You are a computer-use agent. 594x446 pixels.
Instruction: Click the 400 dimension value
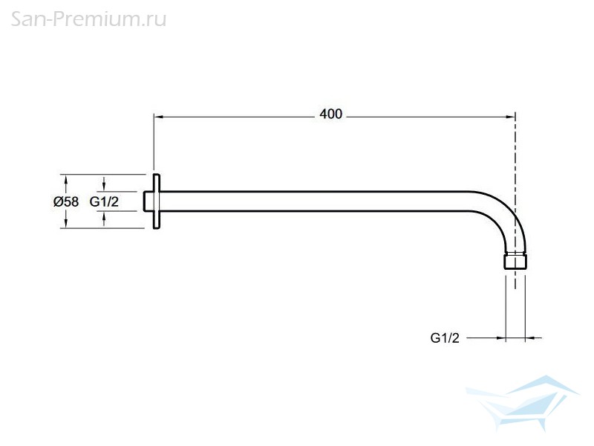click(x=330, y=114)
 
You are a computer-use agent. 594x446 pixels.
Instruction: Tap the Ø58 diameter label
click(x=66, y=201)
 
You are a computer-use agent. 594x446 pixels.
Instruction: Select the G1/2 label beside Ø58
click(x=104, y=201)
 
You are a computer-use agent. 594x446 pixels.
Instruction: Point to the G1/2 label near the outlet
click(x=445, y=337)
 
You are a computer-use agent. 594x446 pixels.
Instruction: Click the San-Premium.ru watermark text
click(x=88, y=19)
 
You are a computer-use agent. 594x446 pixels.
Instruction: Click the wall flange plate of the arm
click(x=156, y=201)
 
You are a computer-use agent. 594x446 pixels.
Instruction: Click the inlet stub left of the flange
click(x=148, y=201)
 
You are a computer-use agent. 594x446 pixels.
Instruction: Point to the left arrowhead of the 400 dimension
click(x=158, y=117)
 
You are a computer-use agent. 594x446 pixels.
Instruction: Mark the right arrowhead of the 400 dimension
click(x=511, y=117)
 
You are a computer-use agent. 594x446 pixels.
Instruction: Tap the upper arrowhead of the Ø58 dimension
click(x=66, y=179)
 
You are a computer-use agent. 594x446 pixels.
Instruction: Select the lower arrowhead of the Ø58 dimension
click(x=66, y=224)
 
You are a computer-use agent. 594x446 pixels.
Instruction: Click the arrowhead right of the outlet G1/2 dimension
click(x=530, y=337)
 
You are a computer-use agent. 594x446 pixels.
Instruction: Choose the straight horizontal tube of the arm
click(x=314, y=201)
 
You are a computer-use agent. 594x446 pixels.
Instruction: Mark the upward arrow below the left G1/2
click(x=104, y=219)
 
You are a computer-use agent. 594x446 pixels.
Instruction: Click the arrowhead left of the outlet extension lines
click(x=500, y=337)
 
